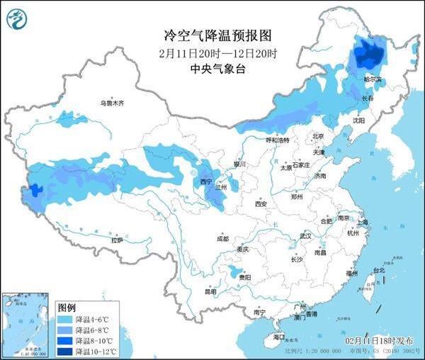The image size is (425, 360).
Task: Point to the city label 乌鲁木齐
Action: pyautogui.click(x=111, y=103)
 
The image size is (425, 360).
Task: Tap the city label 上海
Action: pyautogui.click(x=363, y=222)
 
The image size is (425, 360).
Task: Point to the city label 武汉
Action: pyautogui.click(x=305, y=235)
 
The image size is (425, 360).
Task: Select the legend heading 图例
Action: pyautogui.click(x=67, y=308)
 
